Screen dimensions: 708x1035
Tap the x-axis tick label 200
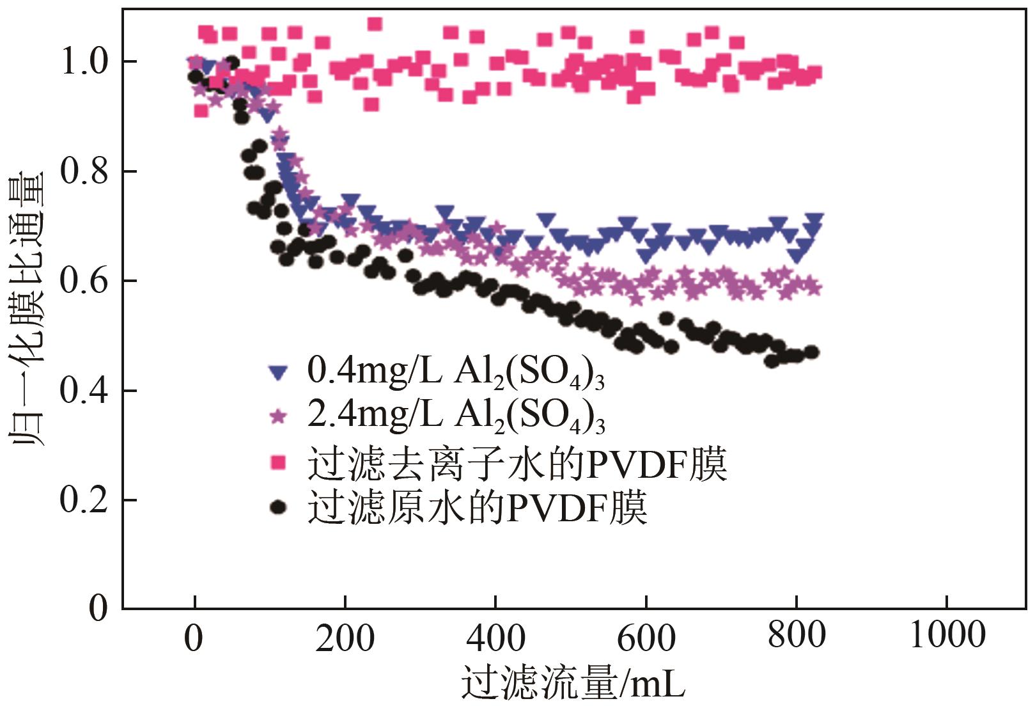tap(345, 638)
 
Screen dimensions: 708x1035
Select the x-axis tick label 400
tap(495, 638)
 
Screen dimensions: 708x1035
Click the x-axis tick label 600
tap(646, 638)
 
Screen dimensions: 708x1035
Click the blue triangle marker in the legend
tap(277, 373)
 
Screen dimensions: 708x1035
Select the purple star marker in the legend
tap(277, 416)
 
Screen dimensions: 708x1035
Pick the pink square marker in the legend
tap(277, 462)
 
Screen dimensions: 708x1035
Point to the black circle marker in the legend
tap(277, 507)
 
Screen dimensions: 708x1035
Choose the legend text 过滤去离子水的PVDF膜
tap(517, 464)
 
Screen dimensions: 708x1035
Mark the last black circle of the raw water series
tap(812, 352)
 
